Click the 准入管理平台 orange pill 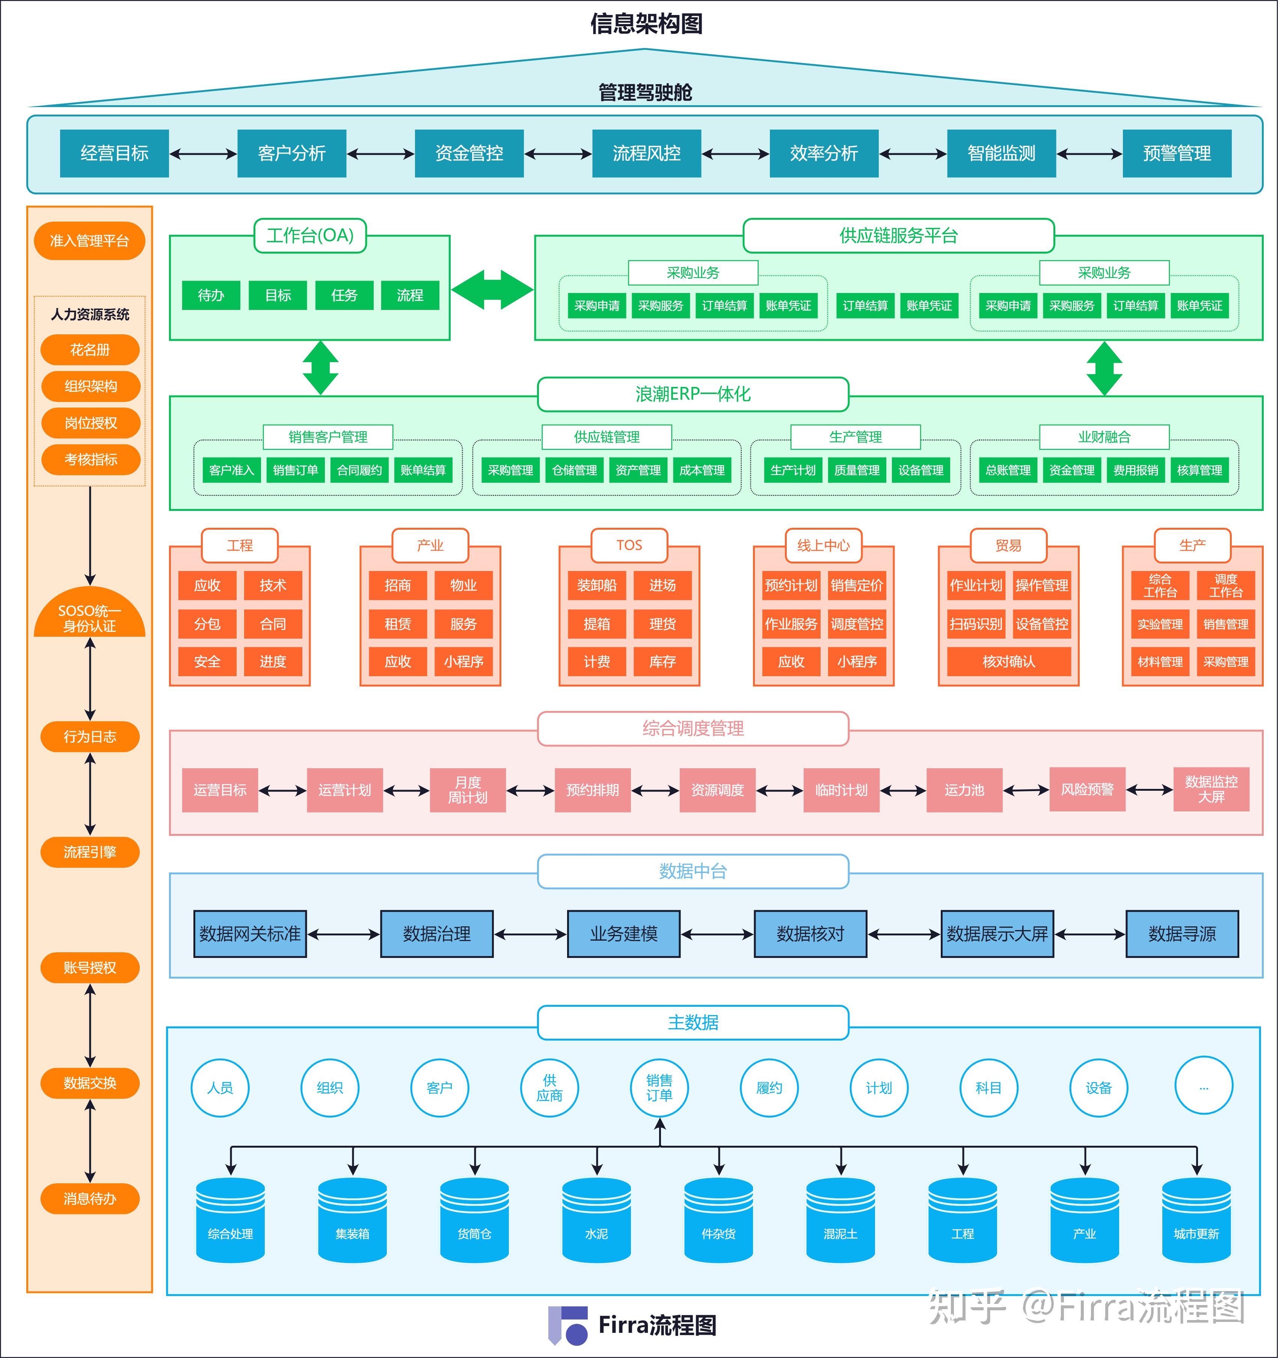[x=89, y=240]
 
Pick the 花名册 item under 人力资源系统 [x=90, y=350]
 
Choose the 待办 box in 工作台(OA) [x=211, y=295]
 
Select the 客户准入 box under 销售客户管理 [x=232, y=470]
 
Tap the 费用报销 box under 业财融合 [x=1135, y=470]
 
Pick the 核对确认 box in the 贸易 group [x=1009, y=661]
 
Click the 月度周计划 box [x=468, y=790]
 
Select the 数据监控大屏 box [x=1211, y=790]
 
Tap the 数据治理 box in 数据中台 [x=436, y=934]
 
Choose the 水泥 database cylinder [x=596, y=1220]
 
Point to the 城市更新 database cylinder [x=1196, y=1220]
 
